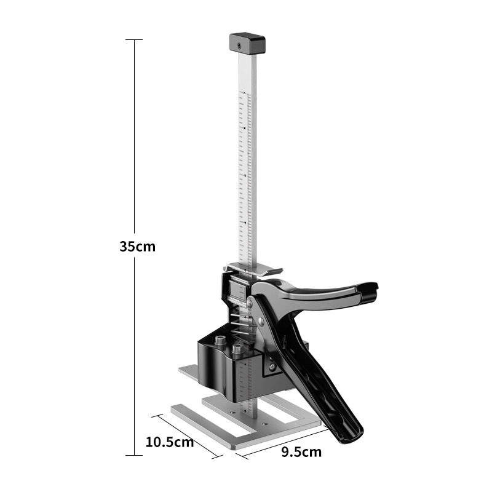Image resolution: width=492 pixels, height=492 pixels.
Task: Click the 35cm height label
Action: coord(137,247)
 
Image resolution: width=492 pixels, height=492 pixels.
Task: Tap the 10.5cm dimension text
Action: coord(170,442)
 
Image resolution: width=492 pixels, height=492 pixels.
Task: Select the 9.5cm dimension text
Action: coord(301,452)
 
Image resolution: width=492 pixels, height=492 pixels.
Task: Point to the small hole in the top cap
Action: coord(239,47)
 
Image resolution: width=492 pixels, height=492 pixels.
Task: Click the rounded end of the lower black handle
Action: coord(351,435)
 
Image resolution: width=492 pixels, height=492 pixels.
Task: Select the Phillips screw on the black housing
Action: coord(273,366)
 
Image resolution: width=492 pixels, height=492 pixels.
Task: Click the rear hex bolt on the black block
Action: coord(220,339)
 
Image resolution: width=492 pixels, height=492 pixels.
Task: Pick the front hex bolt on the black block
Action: coord(237,348)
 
